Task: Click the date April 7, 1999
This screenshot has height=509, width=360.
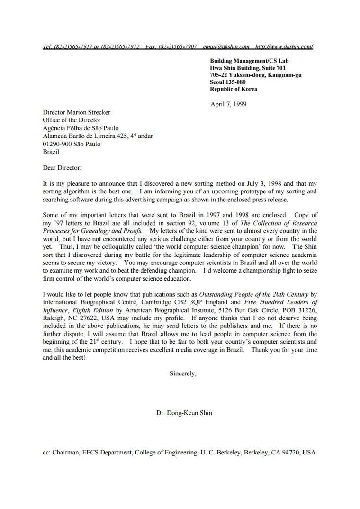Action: point(228,104)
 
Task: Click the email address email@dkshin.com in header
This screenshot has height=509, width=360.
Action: point(226,46)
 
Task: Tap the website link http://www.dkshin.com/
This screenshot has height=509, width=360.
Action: point(284,46)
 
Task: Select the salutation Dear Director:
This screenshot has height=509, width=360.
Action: point(62,168)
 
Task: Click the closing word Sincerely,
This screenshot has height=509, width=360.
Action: point(183,373)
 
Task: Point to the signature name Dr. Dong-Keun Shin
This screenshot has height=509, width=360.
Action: point(184,413)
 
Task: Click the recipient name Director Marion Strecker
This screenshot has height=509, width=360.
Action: point(76,112)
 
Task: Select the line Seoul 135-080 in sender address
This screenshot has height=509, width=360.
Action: point(228,82)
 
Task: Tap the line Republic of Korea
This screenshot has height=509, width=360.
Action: point(234,89)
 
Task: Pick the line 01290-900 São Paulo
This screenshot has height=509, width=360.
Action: point(72,144)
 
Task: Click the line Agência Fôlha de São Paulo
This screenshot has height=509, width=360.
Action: point(81,128)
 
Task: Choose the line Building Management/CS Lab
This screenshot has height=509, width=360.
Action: point(249,61)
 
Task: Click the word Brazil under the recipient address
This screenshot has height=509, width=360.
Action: point(51,152)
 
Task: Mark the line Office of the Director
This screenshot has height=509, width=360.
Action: point(72,120)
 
